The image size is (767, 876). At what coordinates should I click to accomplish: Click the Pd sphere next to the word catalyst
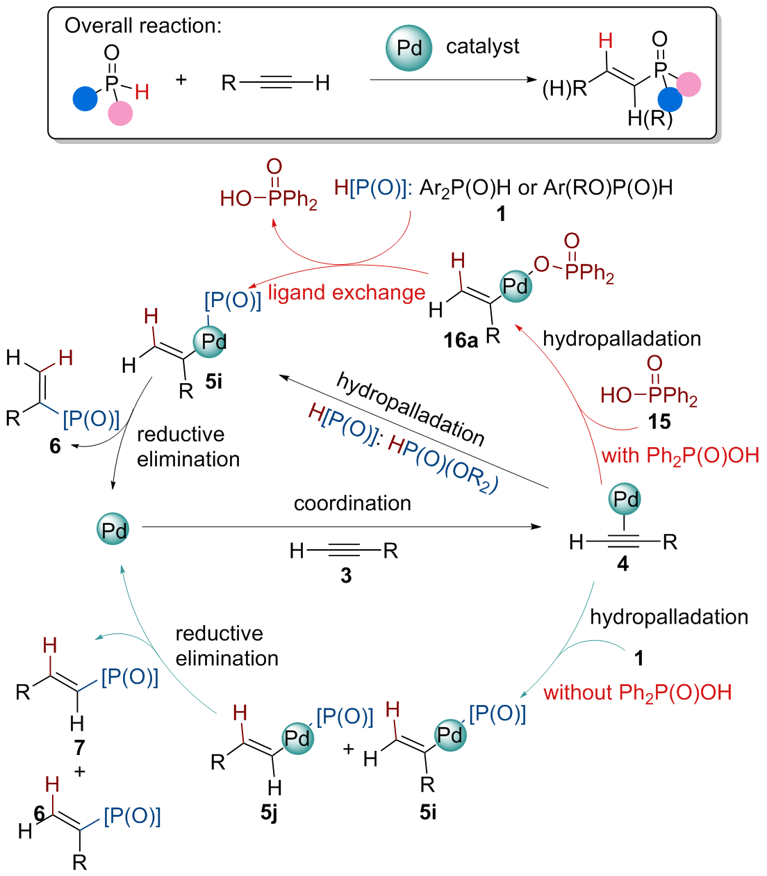(x=409, y=48)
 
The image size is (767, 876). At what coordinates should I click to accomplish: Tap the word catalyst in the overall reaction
(x=482, y=47)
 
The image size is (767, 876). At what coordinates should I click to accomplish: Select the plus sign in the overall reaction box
(x=181, y=80)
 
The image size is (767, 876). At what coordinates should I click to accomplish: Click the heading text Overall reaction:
(x=143, y=26)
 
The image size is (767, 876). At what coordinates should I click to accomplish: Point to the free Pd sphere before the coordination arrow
(x=113, y=529)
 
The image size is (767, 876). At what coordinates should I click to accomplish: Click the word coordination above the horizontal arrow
(x=352, y=503)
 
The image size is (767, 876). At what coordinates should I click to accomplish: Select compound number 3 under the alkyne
(x=346, y=575)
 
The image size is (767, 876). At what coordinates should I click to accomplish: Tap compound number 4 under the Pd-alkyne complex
(x=622, y=564)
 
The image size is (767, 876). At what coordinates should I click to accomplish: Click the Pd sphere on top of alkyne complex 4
(x=625, y=498)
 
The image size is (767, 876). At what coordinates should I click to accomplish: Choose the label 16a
(x=461, y=340)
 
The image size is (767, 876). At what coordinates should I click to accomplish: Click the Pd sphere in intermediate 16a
(x=516, y=286)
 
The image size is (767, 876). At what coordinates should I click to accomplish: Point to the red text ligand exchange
(x=346, y=293)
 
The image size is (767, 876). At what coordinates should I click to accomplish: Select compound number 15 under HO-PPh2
(x=659, y=421)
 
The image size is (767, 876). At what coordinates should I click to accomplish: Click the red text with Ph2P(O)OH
(x=680, y=455)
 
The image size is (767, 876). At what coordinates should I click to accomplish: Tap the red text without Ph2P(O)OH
(x=637, y=692)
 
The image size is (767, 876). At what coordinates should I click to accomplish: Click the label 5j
(x=270, y=812)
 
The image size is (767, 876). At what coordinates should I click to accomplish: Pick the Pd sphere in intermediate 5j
(x=297, y=737)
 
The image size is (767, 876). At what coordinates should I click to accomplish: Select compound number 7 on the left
(x=80, y=747)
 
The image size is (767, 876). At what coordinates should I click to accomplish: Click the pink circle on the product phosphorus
(x=688, y=84)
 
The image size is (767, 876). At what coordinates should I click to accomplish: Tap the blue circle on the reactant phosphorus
(x=85, y=98)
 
